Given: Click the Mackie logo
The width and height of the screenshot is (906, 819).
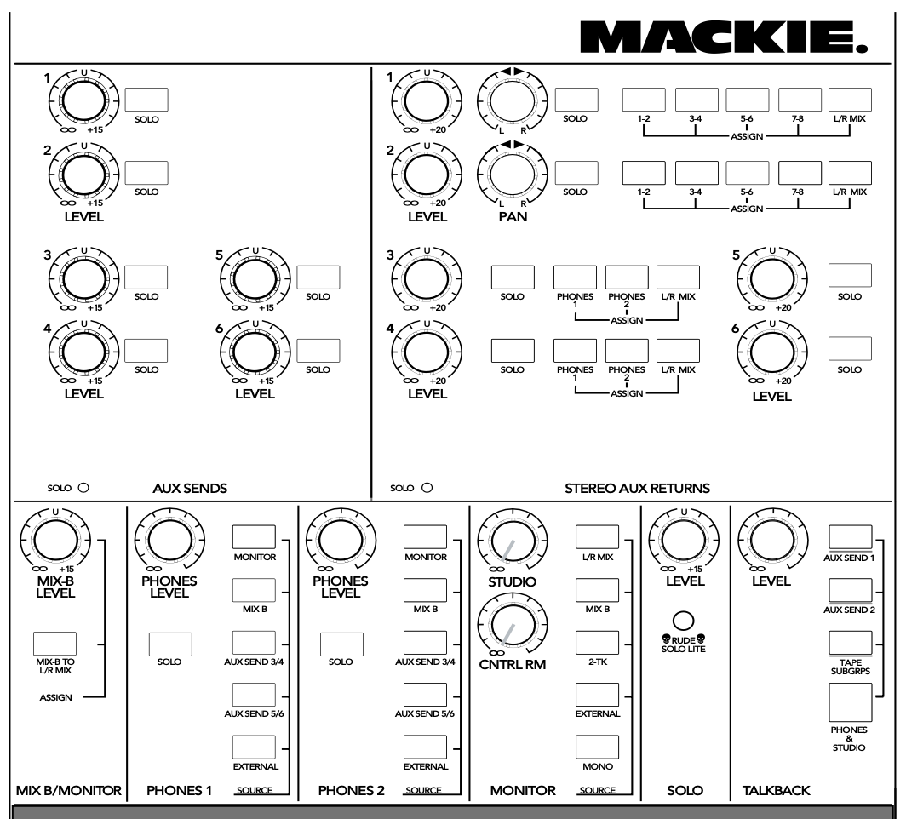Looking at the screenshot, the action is (x=724, y=37).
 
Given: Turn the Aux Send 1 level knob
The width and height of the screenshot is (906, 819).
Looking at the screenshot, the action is (x=83, y=101).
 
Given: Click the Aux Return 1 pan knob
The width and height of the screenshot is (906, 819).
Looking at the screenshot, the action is (x=513, y=101).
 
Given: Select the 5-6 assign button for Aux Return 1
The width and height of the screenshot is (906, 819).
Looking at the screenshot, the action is (x=747, y=100).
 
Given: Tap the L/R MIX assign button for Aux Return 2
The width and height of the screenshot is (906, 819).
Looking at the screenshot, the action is (x=850, y=173).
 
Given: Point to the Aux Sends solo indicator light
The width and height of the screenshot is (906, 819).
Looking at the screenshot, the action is (x=83, y=488).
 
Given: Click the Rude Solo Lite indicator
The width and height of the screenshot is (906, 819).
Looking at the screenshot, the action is (x=684, y=621).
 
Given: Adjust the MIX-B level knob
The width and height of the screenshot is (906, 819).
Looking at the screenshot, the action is (x=55, y=541).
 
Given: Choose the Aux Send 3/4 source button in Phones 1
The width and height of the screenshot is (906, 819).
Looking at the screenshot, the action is (x=255, y=642).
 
